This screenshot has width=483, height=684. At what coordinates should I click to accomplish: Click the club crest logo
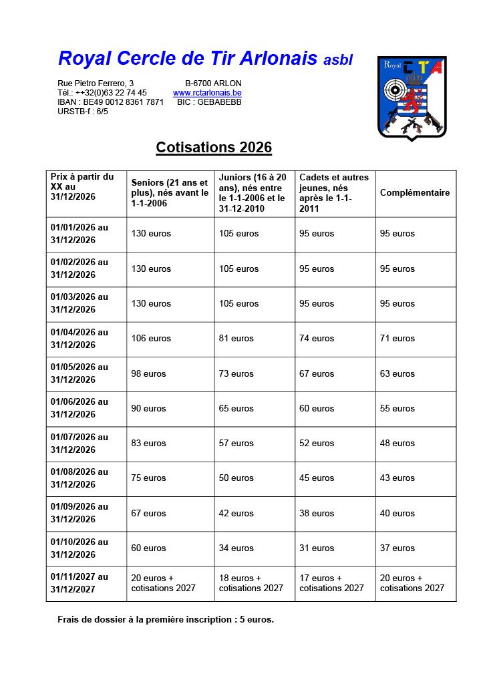pyautogui.click(x=412, y=98)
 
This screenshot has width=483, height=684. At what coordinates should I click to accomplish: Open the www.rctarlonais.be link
pyautogui.click(x=207, y=93)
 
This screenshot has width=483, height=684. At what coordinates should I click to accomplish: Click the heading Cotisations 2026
pyautogui.click(x=214, y=147)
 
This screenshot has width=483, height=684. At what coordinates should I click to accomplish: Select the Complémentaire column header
pyautogui.click(x=415, y=192)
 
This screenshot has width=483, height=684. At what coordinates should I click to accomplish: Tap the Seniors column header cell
pyautogui.click(x=170, y=192)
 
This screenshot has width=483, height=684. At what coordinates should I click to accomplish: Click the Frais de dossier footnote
pyautogui.click(x=166, y=619)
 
